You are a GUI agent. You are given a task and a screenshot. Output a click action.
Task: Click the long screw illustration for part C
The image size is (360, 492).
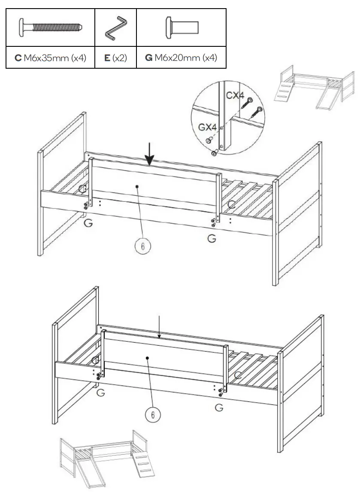coord(51,29)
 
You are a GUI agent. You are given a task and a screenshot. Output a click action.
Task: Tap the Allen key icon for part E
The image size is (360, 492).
coord(115,29)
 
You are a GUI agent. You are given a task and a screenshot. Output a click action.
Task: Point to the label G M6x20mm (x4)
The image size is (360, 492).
coord(181,58)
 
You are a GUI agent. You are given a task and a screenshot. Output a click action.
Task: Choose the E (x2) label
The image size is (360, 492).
coord(115,58)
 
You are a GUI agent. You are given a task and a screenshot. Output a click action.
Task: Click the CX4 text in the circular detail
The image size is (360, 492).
coord(235,95)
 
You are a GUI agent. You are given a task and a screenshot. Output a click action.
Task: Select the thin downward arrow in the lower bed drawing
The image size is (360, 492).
coord(159,327)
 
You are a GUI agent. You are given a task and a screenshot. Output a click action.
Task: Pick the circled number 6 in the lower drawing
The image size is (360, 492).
coord(152,414)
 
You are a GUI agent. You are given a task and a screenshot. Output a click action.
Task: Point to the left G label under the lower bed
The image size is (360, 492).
coord(100,392)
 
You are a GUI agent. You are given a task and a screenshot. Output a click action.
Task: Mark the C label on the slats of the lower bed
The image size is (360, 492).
coord(238,375)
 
